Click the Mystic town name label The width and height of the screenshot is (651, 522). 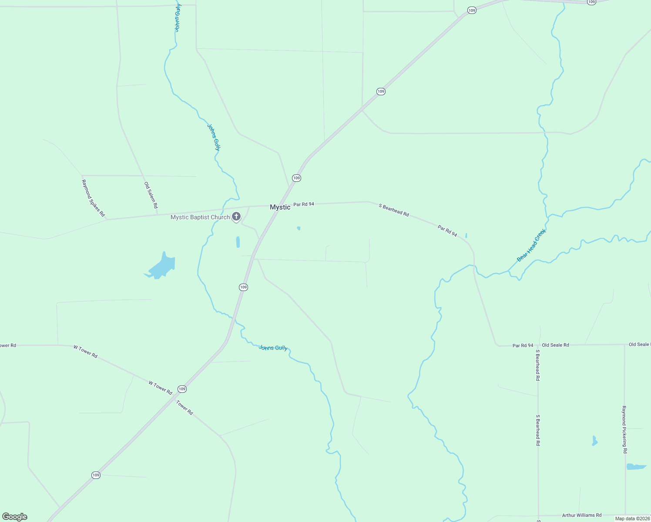click(x=280, y=207)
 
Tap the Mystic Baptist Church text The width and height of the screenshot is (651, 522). click(x=200, y=217)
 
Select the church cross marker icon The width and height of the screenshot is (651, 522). click(x=236, y=216)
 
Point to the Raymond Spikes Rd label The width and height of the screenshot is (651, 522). click(x=93, y=198)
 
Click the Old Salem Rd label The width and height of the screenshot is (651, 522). click(x=151, y=195)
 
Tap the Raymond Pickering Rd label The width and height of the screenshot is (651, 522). click(x=624, y=430)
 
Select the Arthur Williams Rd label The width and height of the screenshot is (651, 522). click(x=582, y=515)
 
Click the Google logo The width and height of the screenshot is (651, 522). click(x=15, y=517)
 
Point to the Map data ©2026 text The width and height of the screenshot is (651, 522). click(x=632, y=519)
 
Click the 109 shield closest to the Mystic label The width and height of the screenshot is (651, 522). click(x=296, y=178)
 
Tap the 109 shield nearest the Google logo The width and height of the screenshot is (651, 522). click(x=96, y=475)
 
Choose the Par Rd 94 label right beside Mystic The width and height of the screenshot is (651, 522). click(x=304, y=204)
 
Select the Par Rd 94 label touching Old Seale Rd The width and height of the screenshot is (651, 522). click(x=523, y=345)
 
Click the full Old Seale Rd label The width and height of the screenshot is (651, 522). click(x=555, y=345)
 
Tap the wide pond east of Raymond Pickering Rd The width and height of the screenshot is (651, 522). click(x=636, y=467)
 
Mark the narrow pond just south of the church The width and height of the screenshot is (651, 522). click(x=238, y=242)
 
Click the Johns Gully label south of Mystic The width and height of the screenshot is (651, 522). click(x=273, y=348)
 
